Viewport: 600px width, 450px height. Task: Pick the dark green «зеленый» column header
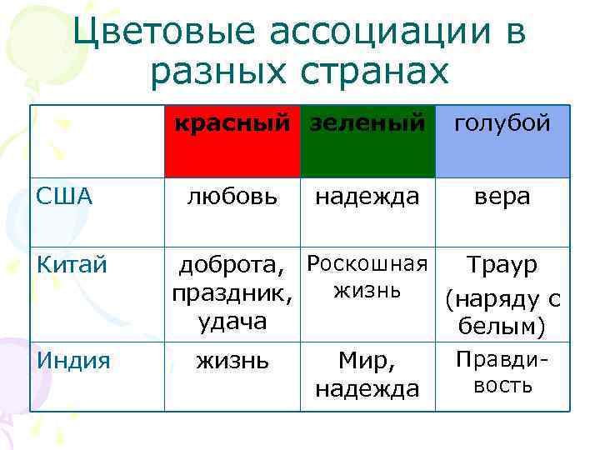coord(367,141)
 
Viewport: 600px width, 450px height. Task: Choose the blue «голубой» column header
coord(502,141)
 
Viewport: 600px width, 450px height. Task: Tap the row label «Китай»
coord(72,265)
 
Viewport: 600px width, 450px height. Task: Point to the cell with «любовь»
coord(232,197)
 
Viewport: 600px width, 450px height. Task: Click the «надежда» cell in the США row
coord(367,197)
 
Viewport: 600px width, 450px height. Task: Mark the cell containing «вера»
coord(502,197)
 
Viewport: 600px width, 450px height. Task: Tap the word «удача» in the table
coord(232,322)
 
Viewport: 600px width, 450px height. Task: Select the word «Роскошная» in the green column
coord(367,265)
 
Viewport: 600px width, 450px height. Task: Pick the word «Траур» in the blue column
coord(502,266)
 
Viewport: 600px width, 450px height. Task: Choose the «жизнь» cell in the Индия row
coord(232,362)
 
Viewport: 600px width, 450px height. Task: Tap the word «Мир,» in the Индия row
coord(367,362)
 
